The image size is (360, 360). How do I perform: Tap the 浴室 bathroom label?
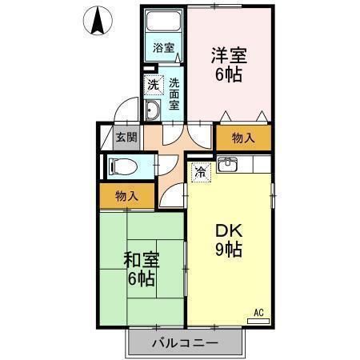click(x=164, y=47)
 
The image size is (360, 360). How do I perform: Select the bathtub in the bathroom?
click(x=164, y=23)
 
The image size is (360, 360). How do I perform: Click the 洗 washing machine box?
click(x=151, y=82)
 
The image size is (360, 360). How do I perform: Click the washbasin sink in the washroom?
click(x=152, y=110)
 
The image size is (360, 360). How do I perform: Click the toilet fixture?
click(x=120, y=166)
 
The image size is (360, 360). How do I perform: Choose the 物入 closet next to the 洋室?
click(x=243, y=138)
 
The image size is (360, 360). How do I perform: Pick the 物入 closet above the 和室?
click(x=126, y=196)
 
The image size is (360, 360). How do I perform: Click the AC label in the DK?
click(x=258, y=311)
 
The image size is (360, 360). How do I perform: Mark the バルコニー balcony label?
click(x=184, y=344)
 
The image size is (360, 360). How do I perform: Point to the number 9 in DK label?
click(x=219, y=249)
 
